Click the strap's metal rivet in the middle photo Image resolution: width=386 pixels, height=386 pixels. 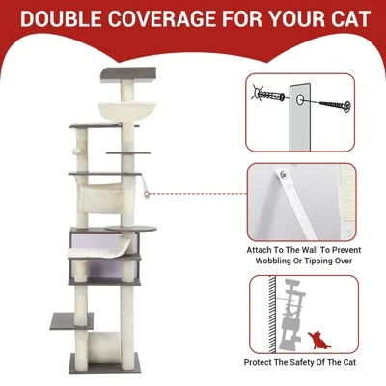(x=284, y=176)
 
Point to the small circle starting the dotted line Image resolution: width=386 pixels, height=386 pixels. (x=148, y=193)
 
